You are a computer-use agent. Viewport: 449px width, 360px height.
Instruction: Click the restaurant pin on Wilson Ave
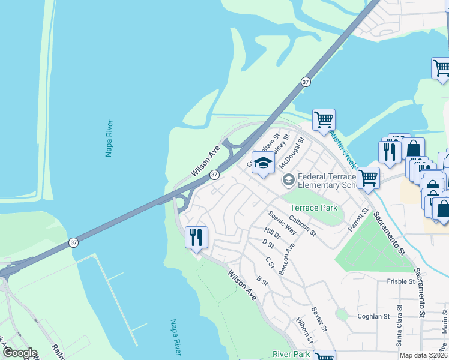tap(197, 238)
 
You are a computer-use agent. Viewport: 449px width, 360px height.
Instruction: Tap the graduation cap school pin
tap(262, 163)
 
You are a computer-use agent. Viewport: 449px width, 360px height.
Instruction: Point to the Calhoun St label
tap(302, 226)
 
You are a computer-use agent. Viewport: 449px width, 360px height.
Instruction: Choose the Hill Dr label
tap(273, 234)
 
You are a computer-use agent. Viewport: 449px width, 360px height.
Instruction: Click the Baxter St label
tap(319, 320)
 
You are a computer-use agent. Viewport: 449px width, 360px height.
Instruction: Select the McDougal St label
tap(294, 152)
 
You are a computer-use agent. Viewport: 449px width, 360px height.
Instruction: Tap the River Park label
tap(291, 355)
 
